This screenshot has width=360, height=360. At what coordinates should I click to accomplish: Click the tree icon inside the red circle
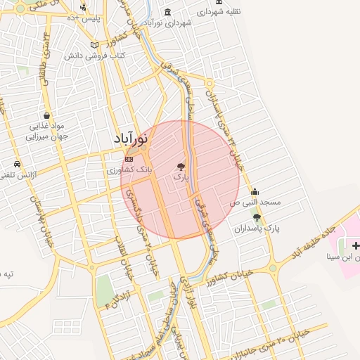(x=181, y=167)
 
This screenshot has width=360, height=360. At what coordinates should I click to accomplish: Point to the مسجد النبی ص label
(x=255, y=202)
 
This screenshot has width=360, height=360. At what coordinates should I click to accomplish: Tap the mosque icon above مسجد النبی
(x=255, y=191)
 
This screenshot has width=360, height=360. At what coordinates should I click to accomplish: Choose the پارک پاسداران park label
(x=257, y=229)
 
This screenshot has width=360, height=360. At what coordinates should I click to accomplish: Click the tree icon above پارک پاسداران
(x=257, y=217)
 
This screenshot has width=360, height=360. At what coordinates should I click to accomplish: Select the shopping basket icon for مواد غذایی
(x=46, y=115)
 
